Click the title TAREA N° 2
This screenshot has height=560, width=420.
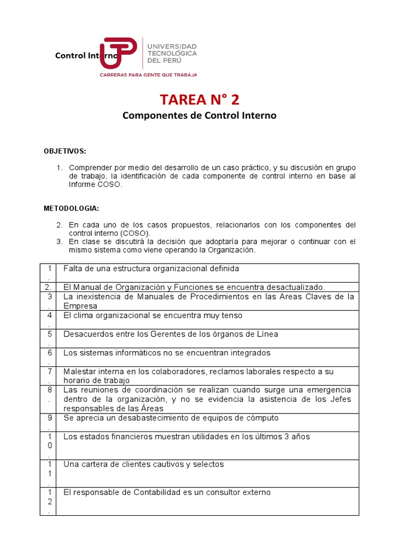pyautogui.click(x=199, y=100)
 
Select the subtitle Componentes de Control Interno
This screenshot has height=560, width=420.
pyautogui.click(x=199, y=116)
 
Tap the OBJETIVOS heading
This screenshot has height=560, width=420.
pyautogui.click(x=65, y=151)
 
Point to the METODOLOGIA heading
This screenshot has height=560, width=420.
pyautogui.click(x=71, y=208)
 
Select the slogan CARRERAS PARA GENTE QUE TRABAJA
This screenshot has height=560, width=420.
pyautogui.click(x=148, y=75)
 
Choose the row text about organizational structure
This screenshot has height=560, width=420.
pyautogui.click(x=151, y=269)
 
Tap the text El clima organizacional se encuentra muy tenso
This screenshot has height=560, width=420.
pyautogui.click(x=153, y=316)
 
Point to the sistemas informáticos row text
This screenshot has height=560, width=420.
pyautogui.click(x=167, y=353)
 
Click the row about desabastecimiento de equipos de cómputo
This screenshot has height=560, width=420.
pyautogui.click(x=171, y=418)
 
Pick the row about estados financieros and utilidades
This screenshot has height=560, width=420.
pyautogui.click(x=186, y=436)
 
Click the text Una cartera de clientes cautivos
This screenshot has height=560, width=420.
pyautogui.click(x=143, y=464)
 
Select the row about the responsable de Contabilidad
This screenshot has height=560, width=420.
pyautogui.click(x=167, y=492)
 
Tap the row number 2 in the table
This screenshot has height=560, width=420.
pyautogui.click(x=49, y=287)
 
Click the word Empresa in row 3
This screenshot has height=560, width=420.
pyautogui.click(x=80, y=306)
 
